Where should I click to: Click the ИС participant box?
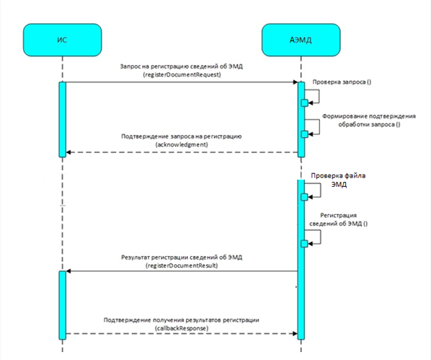pyautogui.click(x=63, y=40)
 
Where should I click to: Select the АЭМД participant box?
pyautogui.click(x=301, y=40)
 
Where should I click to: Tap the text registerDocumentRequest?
pyautogui.click(x=182, y=74)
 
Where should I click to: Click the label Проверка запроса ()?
pyautogui.click(x=342, y=82)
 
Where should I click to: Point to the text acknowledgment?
pyautogui.click(x=182, y=144)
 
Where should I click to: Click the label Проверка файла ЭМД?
pyautogui.click(x=338, y=180)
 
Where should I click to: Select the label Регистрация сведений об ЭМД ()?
pyautogui.click(x=338, y=219)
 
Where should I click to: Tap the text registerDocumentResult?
pyautogui.click(x=182, y=265)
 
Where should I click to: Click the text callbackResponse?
pyautogui.click(x=182, y=328)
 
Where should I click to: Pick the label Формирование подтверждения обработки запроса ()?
pyautogui.click(x=369, y=120)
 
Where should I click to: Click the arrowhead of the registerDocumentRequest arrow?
pyautogui.click(x=296, y=82)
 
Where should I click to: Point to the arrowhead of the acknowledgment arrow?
pyautogui.click(x=68, y=152)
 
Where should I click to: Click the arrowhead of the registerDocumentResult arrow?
pyautogui.click(x=68, y=271)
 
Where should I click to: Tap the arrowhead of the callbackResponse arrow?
pyautogui.click(x=296, y=333)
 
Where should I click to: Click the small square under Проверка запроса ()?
pyautogui.click(x=305, y=103)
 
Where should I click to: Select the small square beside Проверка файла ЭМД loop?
pyautogui.click(x=305, y=197)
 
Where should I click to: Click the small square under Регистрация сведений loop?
pyautogui.click(x=305, y=244)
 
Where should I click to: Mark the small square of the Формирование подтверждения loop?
pyautogui.click(x=305, y=134)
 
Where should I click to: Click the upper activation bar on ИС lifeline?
pyautogui.click(x=63, y=120)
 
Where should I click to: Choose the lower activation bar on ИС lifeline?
pyautogui.click(x=63, y=305)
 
